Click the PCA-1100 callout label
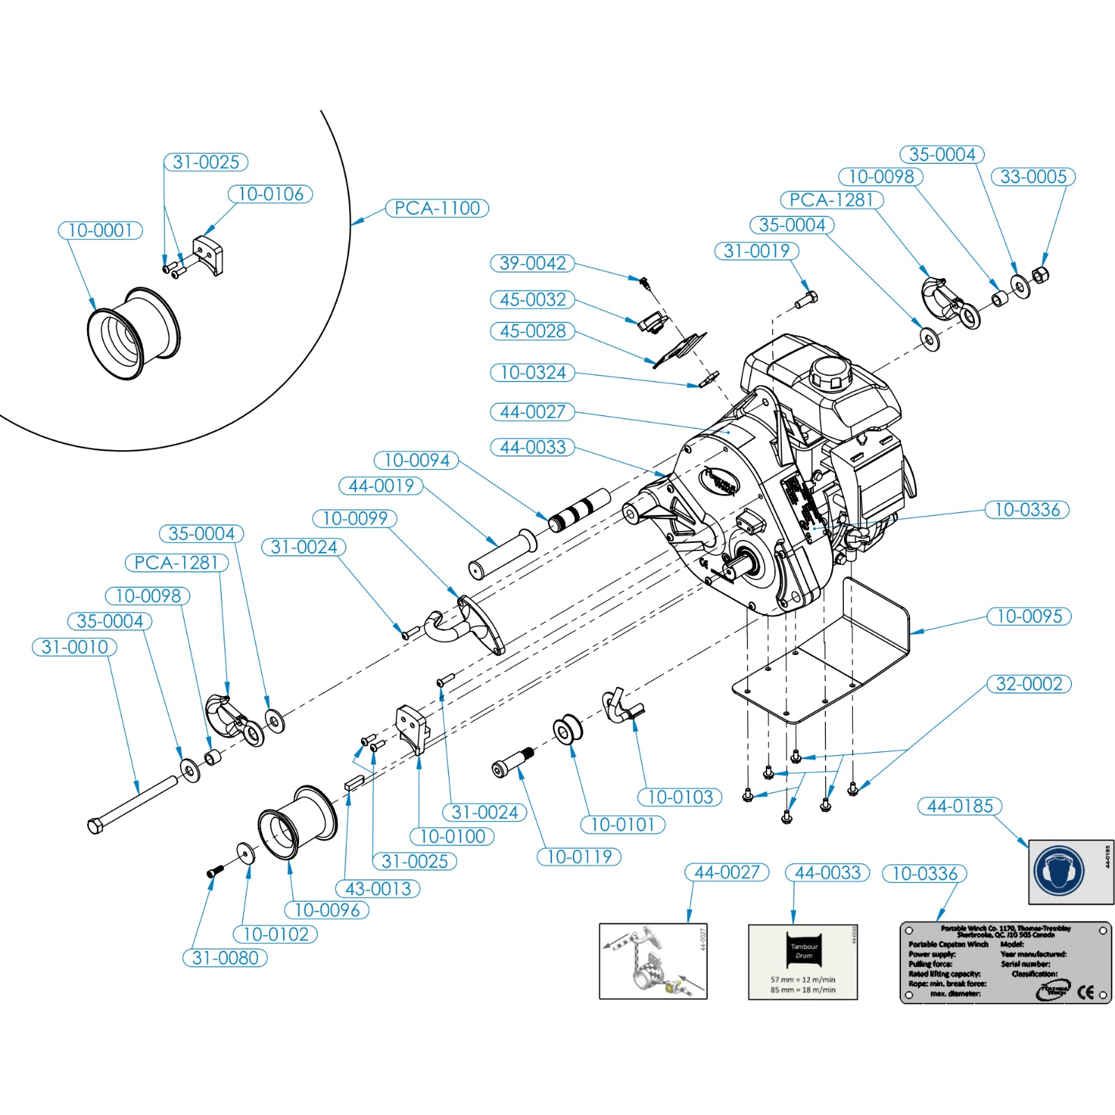click(x=437, y=208)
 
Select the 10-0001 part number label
click(x=100, y=231)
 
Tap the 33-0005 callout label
click(x=1033, y=177)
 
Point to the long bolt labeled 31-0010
click(x=132, y=803)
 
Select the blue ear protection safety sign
click(x=1059, y=872)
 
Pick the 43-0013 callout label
click(x=378, y=889)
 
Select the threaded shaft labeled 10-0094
click(x=580, y=511)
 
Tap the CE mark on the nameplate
click(x=1086, y=992)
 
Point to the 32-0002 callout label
click(x=1029, y=684)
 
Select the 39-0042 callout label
click(x=532, y=263)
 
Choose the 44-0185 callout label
click(x=960, y=806)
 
